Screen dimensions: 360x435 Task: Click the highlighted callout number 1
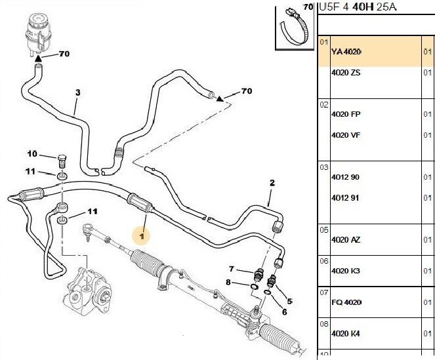pyautogui.click(x=141, y=235)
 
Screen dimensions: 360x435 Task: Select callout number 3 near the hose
pyautogui.click(x=77, y=92)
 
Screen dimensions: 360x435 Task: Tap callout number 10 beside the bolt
pyautogui.click(x=32, y=154)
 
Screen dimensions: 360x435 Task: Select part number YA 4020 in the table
pyautogui.click(x=346, y=52)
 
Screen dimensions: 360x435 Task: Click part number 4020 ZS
pyautogui.click(x=346, y=73)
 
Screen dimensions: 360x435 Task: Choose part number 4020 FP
pyautogui.click(x=346, y=115)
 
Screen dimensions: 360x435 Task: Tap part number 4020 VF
pyautogui.click(x=346, y=136)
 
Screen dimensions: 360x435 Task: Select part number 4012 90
pyautogui.click(x=346, y=178)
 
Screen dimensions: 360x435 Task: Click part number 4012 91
pyautogui.click(x=346, y=198)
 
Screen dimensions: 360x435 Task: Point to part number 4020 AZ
pyautogui.click(x=346, y=240)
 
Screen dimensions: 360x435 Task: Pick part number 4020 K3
pyautogui.click(x=346, y=271)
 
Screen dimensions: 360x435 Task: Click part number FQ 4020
pyautogui.click(x=346, y=302)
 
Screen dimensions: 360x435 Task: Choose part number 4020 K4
pyautogui.click(x=346, y=334)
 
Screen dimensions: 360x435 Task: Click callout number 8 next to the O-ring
pyautogui.click(x=228, y=283)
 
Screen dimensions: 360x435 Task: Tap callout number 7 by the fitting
pyautogui.click(x=231, y=269)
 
